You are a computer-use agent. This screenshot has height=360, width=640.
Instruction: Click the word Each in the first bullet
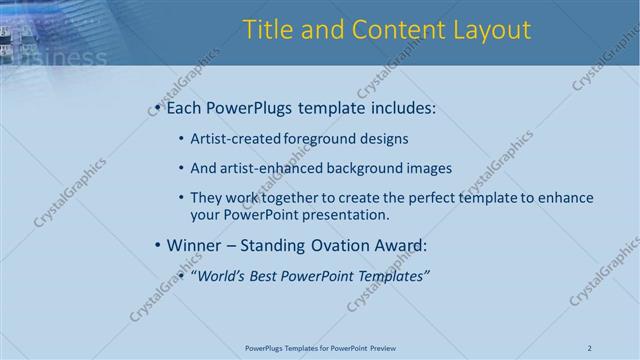click(185, 107)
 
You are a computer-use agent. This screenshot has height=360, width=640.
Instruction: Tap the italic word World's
click(222, 276)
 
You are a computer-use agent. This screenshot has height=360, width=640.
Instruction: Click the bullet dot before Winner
click(157, 245)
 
